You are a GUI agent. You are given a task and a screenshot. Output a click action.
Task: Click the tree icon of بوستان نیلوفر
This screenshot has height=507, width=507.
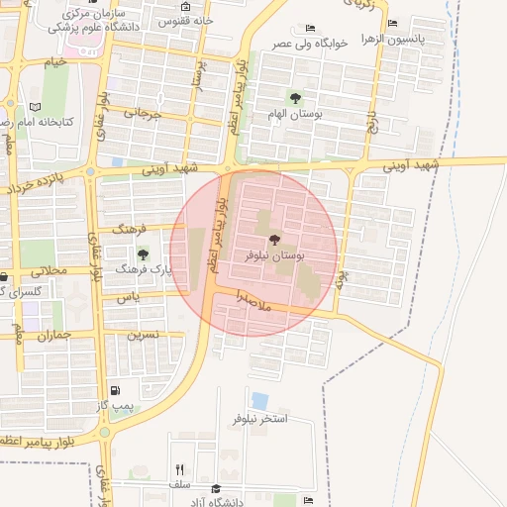pyautogui.click(x=274, y=240)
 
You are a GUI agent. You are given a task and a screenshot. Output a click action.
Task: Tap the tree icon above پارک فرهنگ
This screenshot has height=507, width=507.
pyautogui.click(x=144, y=253)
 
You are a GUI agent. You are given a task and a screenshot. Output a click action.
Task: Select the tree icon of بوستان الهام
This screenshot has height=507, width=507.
pyautogui.click(x=294, y=96)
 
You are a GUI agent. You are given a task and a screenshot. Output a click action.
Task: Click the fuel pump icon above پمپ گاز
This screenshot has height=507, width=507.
pyautogui.click(x=117, y=391)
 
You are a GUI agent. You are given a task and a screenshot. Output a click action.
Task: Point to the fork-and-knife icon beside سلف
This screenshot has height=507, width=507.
pyautogui.click(x=179, y=469)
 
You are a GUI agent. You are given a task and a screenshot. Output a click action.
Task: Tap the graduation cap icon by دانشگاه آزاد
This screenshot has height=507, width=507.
pyautogui.click(x=216, y=488)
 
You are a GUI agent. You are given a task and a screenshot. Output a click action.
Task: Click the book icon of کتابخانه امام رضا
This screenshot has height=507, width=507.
pyautogui.click(x=35, y=106)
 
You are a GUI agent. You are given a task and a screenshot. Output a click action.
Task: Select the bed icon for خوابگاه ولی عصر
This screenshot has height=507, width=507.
pyautogui.click(x=311, y=28)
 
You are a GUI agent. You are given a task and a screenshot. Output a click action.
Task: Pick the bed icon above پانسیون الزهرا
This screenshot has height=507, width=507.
pyautogui.click(x=393, y=23)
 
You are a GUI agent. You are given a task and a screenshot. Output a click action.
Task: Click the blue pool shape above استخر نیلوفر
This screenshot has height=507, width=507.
pyautogui.click(x=259, y=401)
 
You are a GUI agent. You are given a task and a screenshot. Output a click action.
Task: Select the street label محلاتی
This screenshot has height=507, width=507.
pyautogui.click(x=49, y=270)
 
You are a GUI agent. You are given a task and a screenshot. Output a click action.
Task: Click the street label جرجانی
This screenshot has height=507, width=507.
pyautogui.click(x=141, y=114)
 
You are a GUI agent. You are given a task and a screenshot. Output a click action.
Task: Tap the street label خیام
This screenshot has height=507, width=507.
pyautogui.click(x=56, y=61)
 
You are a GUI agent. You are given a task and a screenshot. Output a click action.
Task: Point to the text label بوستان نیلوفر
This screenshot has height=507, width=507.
pyautogui.click(x=275, y=255)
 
